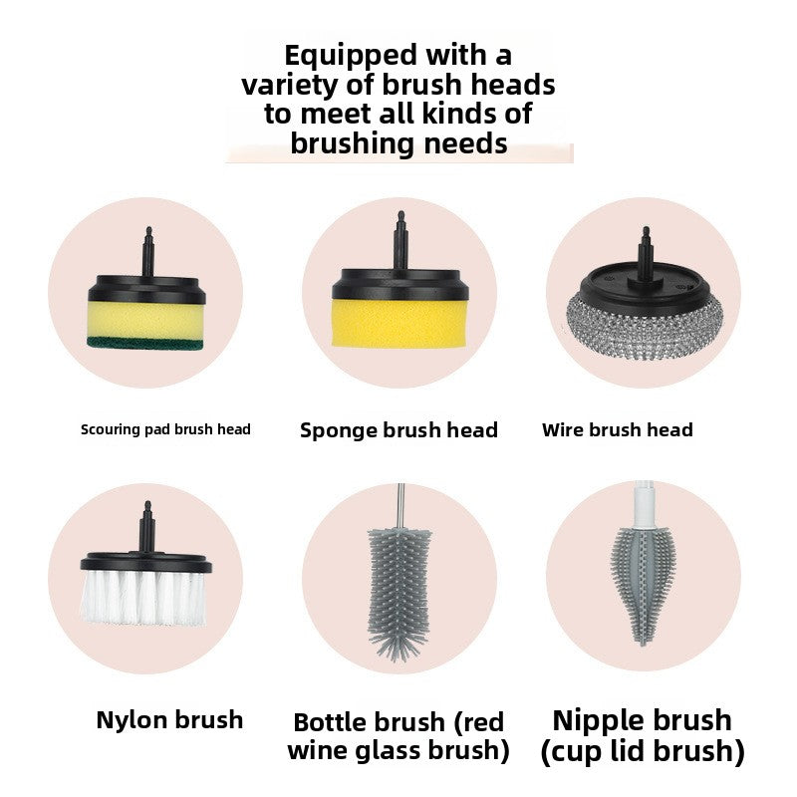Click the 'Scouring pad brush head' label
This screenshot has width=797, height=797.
pyautogui.click(x=165, y=429)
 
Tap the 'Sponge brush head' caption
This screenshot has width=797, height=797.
pyautogui.click(x=398, y=430)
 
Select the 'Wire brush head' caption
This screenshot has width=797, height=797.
pyautogui.click(x=617, y=430)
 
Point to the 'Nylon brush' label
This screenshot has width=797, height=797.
pyautogui.click(x=169, y=719)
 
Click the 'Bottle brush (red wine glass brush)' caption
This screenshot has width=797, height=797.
pyautogui.click(x=398, y=735)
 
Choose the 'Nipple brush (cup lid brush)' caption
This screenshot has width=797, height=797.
pyautogui.click(x=643, y=735)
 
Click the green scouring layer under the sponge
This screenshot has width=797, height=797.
pyautogui.click(x=146, y=344)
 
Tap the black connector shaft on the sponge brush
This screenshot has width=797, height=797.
pyautogui.click(x=399, y=239)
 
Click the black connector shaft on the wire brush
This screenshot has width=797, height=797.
pyautogui.click(x=643, y=244)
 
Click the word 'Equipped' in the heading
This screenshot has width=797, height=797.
pyautogui.click(x=336, y=54)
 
